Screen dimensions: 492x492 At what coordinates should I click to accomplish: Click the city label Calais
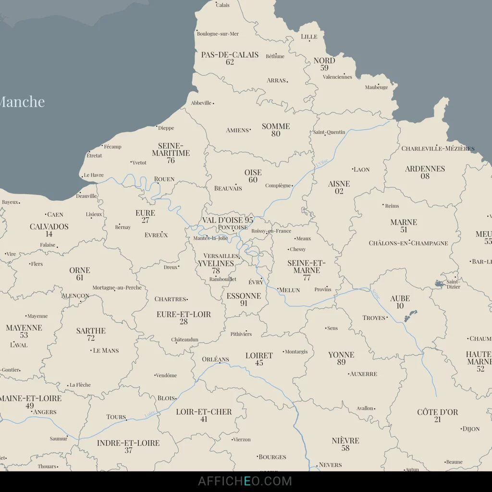[222, 5]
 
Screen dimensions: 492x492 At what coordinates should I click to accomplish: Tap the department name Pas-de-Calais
[230, 55]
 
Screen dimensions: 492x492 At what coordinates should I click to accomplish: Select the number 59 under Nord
[324, 68]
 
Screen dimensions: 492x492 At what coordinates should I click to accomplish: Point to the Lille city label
[309, 37]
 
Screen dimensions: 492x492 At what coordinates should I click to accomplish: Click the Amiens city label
[237, 130]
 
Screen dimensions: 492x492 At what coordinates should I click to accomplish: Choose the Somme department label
[276, 126]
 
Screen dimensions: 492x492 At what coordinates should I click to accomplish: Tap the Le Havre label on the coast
[94, 175]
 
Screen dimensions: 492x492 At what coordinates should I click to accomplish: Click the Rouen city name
[164, 179]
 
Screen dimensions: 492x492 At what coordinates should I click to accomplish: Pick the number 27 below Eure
[145, 221]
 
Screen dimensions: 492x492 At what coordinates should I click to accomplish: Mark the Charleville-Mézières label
[438, 148]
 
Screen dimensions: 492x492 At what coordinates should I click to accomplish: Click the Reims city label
[392, 206]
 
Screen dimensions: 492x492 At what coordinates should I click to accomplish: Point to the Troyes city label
[374, 318]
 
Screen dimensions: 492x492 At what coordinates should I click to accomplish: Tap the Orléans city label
[215, 359]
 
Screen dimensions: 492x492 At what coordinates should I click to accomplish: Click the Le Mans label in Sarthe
[106, 351]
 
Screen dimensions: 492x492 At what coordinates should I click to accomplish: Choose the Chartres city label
[170, 299]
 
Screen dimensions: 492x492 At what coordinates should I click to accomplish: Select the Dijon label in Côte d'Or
[471, 429]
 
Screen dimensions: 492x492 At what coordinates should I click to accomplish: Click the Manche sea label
[21, 102]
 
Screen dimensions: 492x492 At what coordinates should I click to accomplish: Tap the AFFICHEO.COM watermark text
[245, 481]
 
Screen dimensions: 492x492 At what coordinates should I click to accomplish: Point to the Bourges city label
[272, 457]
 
